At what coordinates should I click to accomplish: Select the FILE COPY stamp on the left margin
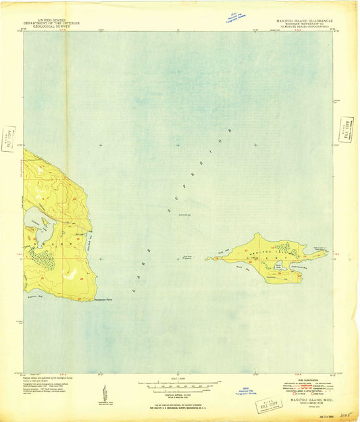tap(7, 138)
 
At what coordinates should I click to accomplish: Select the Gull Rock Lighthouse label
tap(190, 256)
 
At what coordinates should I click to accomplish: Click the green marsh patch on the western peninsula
tap(42, 258)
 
